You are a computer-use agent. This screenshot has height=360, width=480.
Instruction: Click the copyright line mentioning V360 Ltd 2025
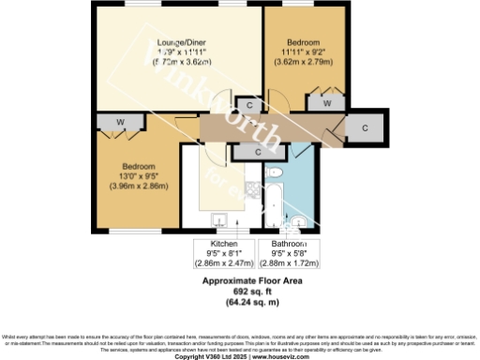(x=240, y=355)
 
